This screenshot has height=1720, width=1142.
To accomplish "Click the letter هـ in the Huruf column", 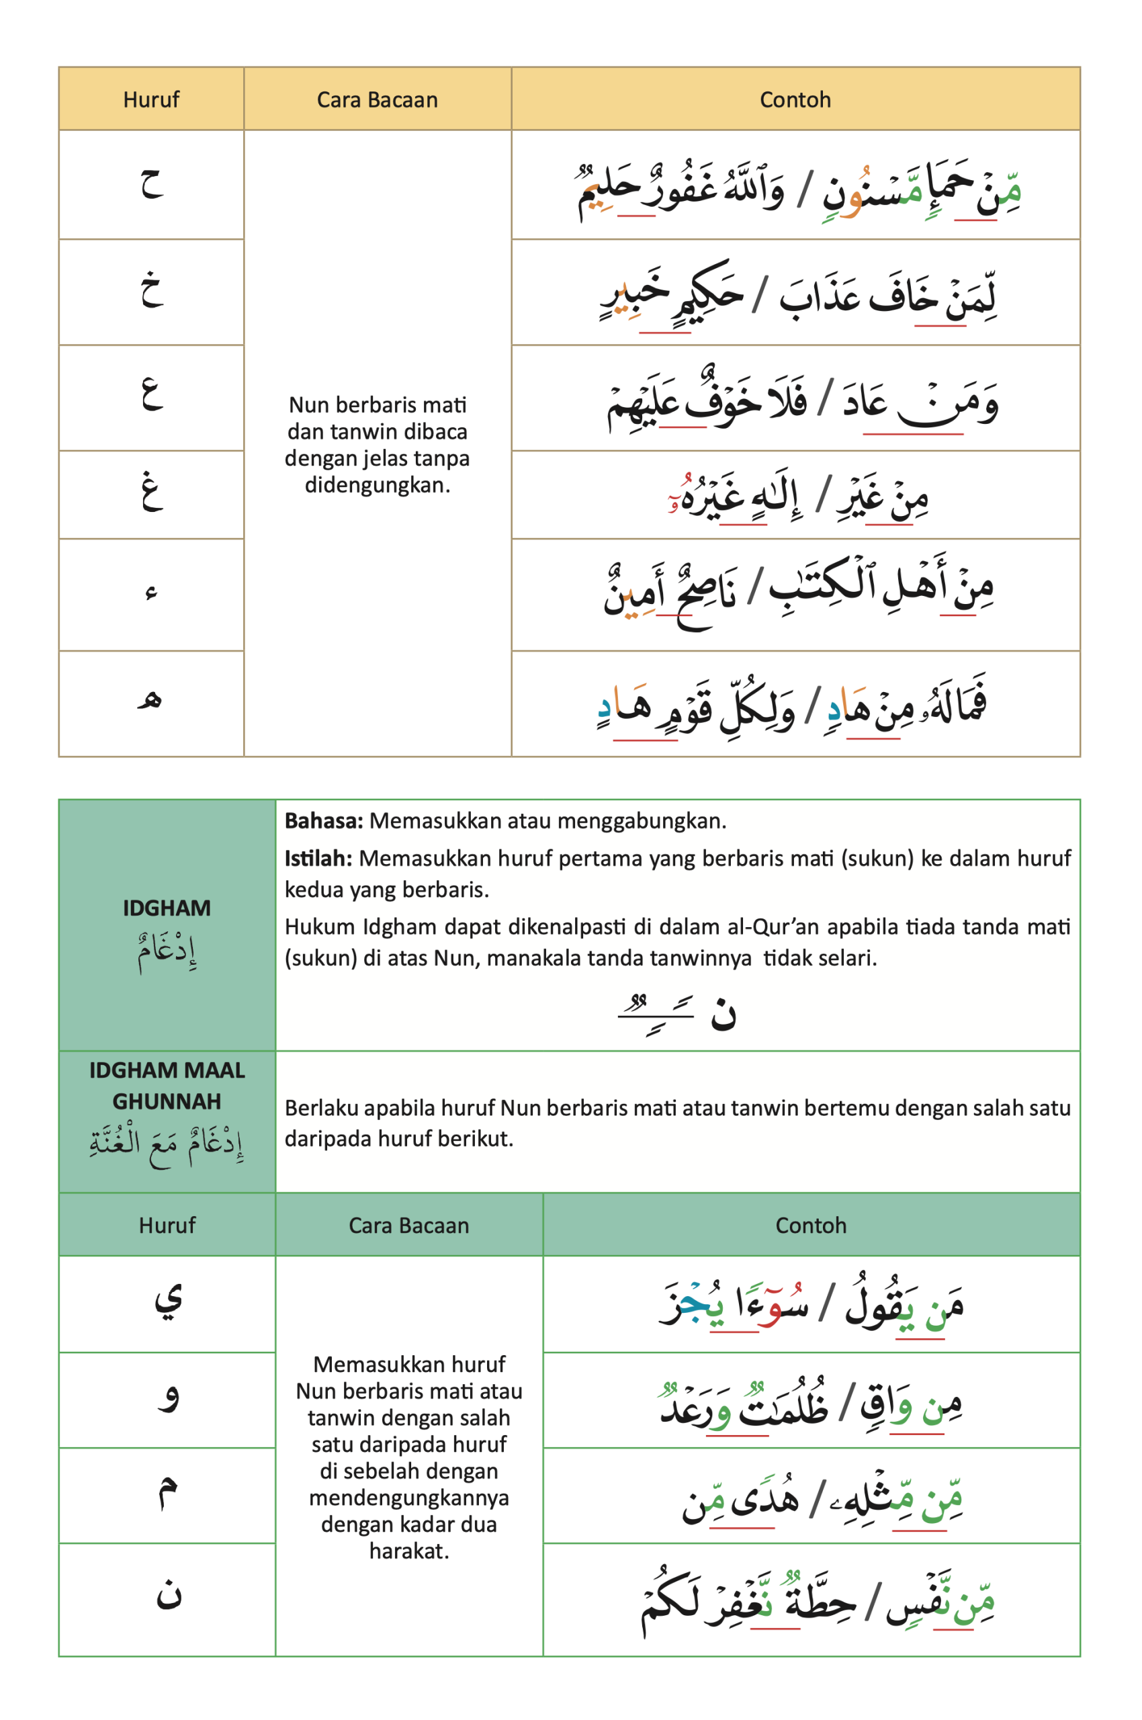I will coord(150,700).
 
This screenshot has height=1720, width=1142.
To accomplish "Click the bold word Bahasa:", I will coord(323,821).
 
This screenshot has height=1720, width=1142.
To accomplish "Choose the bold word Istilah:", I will coord(318,858).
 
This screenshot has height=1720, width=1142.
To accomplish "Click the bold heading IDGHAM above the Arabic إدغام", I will coord(167,908).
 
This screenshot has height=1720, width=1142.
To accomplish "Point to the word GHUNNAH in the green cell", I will coord(167,1101).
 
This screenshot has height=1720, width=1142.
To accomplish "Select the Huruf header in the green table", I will coord(167,1225).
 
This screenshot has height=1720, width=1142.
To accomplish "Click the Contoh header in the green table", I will coord(811,1225).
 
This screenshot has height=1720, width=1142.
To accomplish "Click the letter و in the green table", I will coord(168,1397).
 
